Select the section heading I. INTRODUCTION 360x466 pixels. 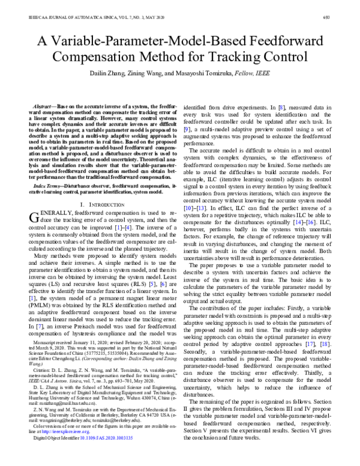click(99, 205)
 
